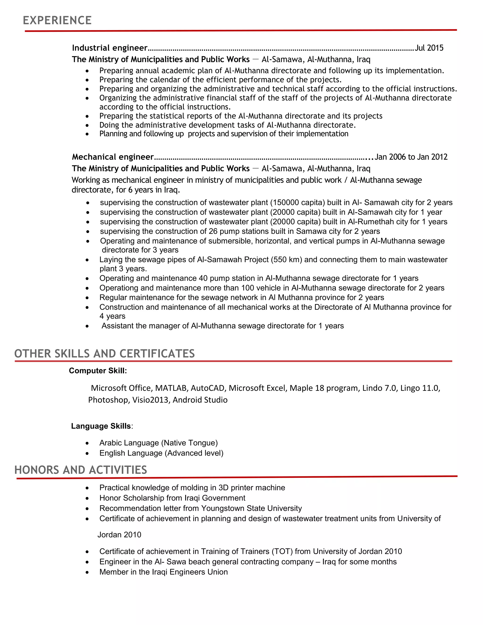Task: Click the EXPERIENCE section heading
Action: coord(57,20)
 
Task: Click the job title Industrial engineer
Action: coord(110,48)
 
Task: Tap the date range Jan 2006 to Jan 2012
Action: coord(411,157)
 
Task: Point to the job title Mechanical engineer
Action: coord(113,157)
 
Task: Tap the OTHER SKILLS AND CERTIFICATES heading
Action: coord(104,354)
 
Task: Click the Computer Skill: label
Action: coord(98,371)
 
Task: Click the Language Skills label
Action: coord(101,426)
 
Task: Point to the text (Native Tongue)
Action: coord(189,443)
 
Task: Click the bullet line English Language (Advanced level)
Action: coord(161,453)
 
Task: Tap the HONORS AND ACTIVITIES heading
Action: coord(81,470)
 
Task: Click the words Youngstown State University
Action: coord(251,508)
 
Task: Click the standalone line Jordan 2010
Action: coord(119,535)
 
